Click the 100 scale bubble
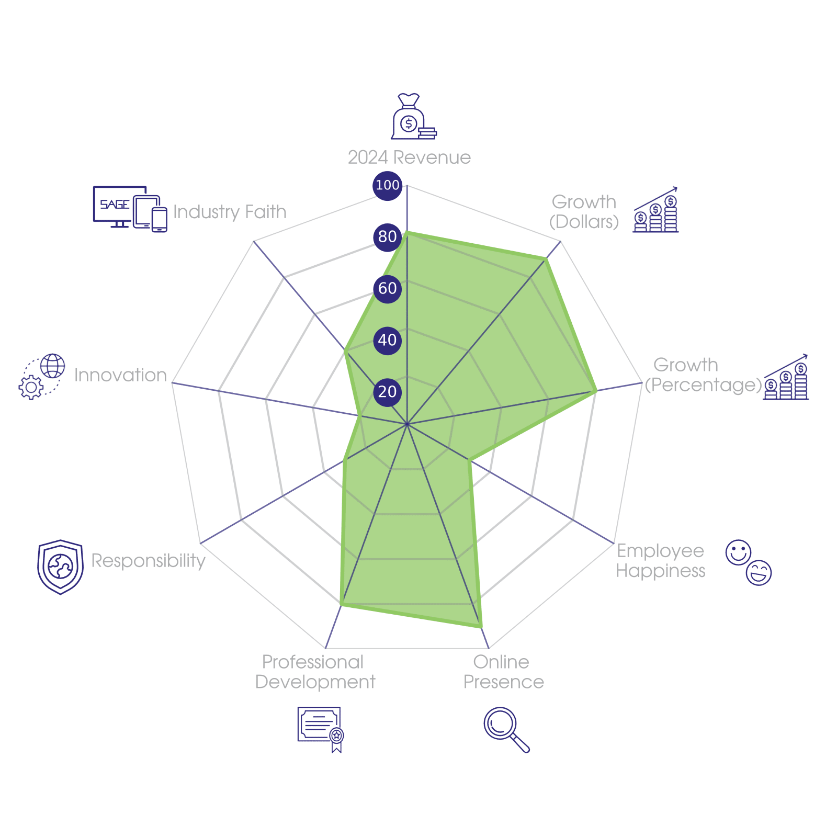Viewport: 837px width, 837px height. [387, 185]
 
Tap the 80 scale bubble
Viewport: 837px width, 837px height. [387, 236]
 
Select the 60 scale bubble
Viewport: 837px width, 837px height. [387, 288]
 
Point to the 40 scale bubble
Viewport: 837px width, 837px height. [387, 340]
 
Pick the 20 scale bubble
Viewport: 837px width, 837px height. [387, 392]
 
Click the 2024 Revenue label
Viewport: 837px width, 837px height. [409, 157]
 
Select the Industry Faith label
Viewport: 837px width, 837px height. [230, 212]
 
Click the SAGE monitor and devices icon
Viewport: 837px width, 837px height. [130, 208]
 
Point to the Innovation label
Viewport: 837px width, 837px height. [120, 375]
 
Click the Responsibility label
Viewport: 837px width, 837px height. [149, 560]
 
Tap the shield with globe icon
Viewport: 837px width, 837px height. [61, 567]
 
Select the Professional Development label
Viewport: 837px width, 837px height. [315, 672]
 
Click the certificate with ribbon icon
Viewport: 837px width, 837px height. [320, 729]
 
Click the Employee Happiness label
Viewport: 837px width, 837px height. [660, 560]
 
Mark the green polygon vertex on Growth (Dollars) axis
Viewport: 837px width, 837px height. [547, 258]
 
